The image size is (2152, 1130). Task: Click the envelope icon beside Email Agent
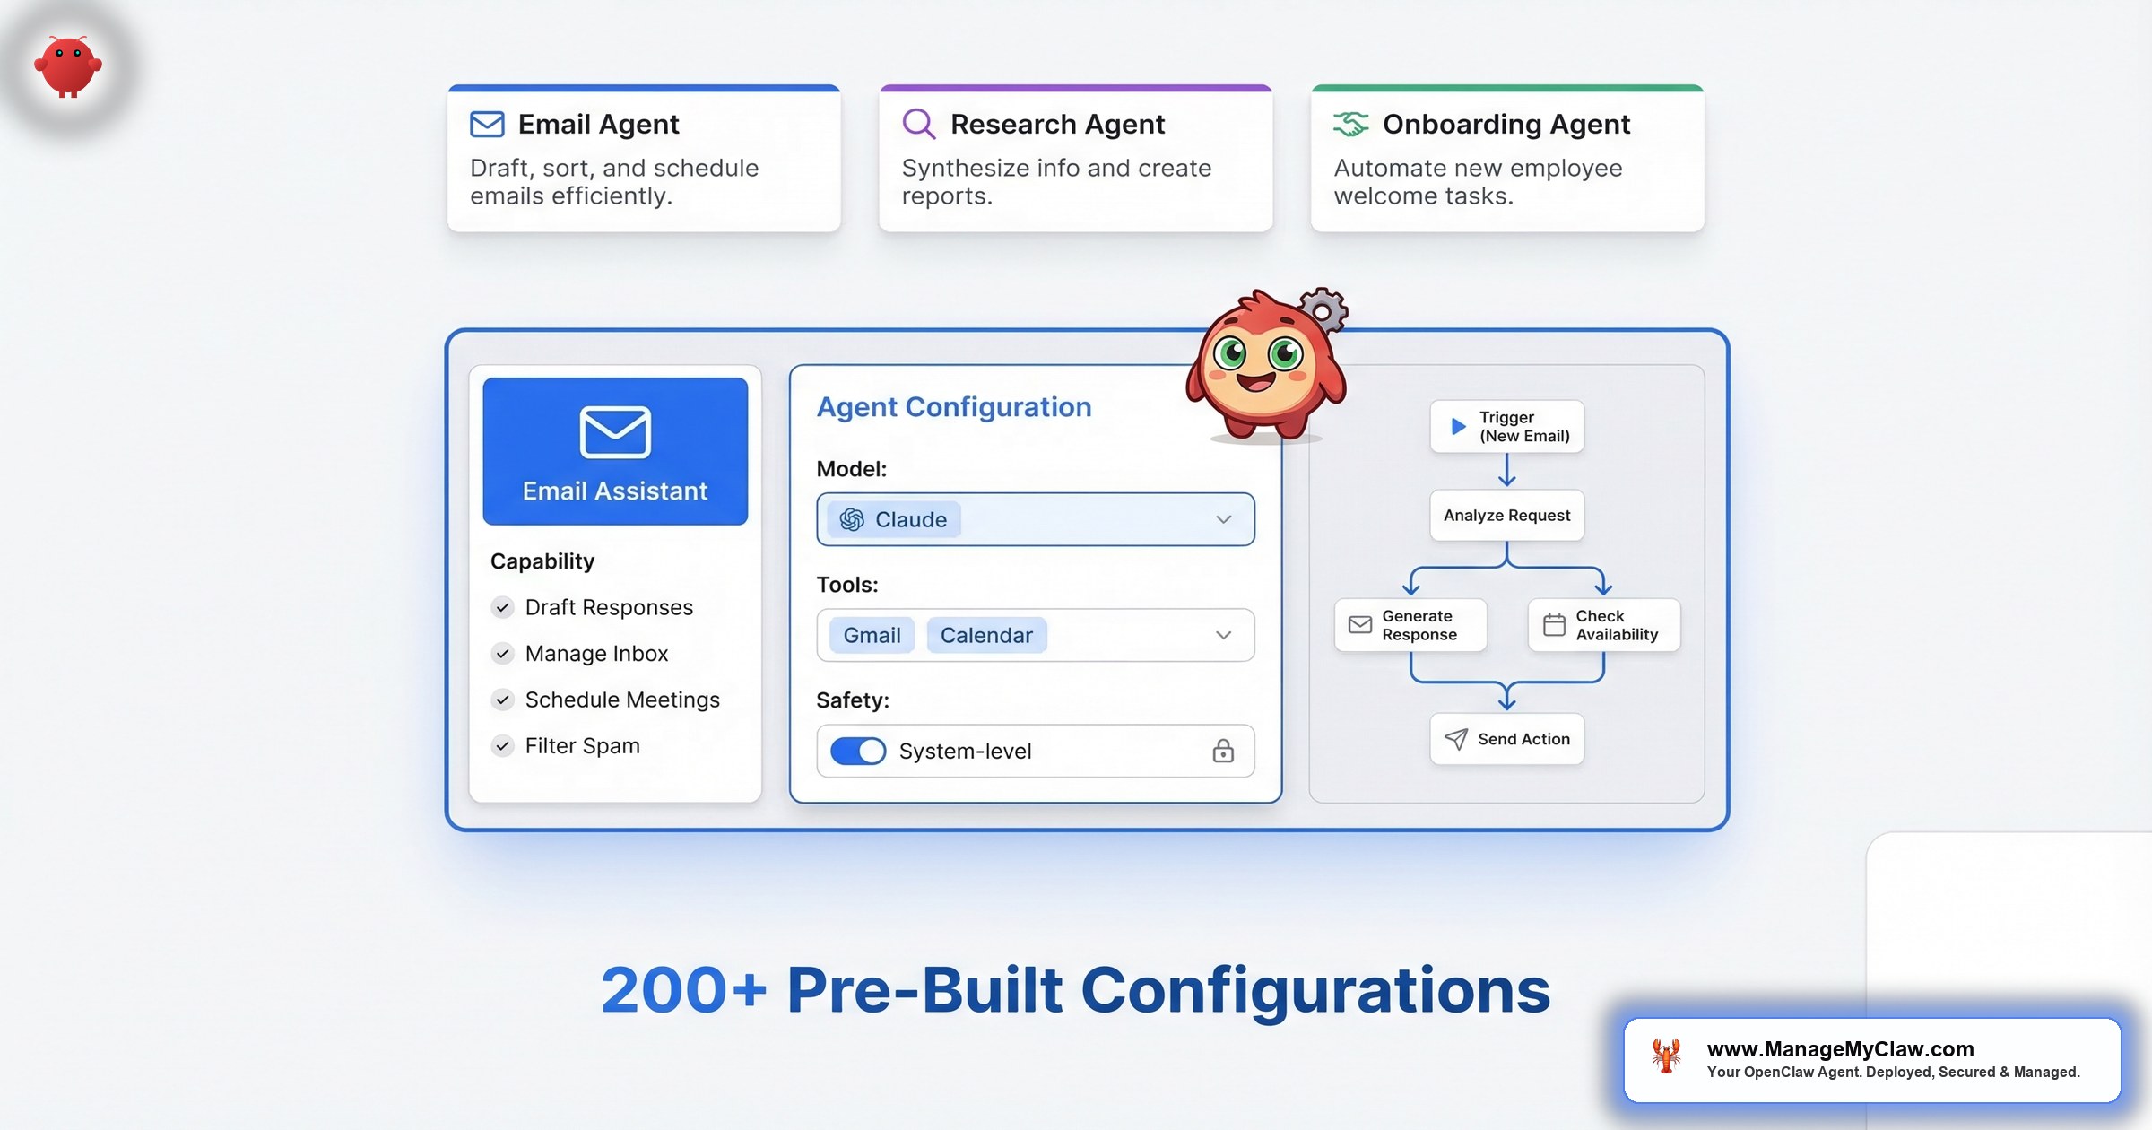point(487,124)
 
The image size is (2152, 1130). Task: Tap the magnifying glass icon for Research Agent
point(918,124)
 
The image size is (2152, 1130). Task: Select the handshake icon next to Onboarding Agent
point(1350,124)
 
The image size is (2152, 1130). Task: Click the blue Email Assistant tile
point(615,451)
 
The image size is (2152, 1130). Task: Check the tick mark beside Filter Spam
point(503,745)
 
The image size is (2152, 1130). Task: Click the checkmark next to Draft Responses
point(503,607)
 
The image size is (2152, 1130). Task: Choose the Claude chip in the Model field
point(894,519)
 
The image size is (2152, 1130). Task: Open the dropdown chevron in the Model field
point(1223,519)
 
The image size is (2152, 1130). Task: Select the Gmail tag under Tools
point(872,635)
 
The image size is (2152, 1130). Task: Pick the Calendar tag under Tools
point(986,635)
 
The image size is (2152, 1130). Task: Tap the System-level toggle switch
point(858,751)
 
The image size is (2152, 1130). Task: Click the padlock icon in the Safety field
point(1223,751)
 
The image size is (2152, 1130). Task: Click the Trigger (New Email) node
point(1507,426)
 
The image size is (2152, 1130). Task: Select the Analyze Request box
point(1507,515)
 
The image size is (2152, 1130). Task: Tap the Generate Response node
point(1410,625)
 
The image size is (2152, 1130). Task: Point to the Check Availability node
point(1604,625)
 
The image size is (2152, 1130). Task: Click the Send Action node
point(1507,739)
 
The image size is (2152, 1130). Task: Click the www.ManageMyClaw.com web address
point(1841,1049)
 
